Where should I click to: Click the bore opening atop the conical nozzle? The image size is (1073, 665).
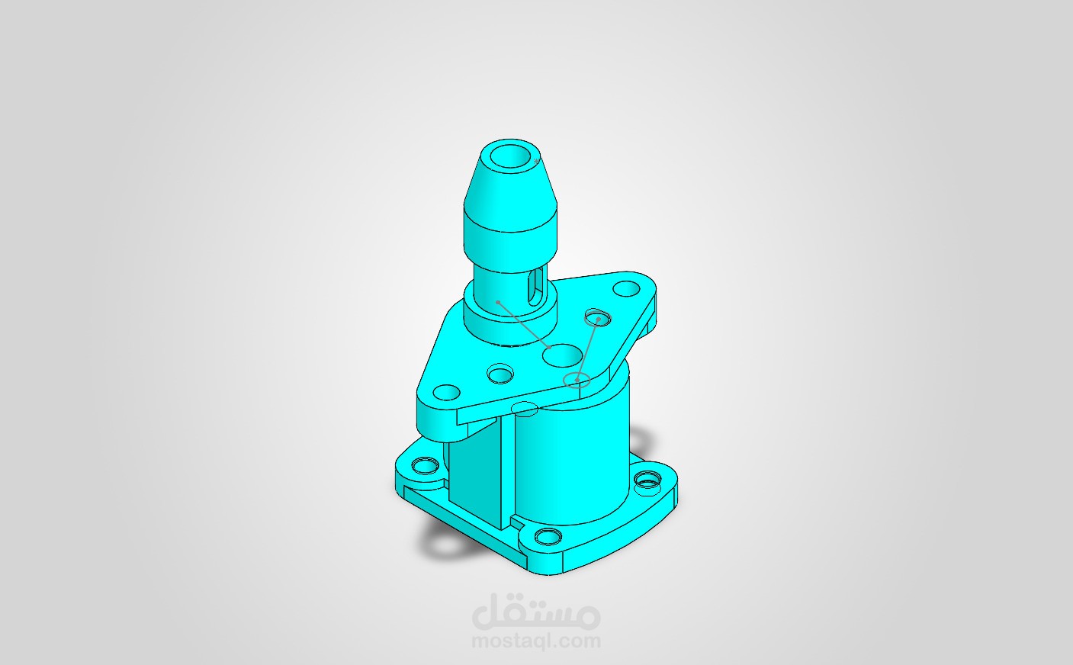pyautogui.click(x=511, y=156)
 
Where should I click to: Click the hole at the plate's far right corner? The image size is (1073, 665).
pyautogui.click(x=627, y=289)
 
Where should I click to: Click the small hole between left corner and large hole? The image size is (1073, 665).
pyautogui.click(x=501, y=374)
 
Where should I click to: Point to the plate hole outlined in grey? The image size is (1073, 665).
pyautogui.click(x=597, y=317)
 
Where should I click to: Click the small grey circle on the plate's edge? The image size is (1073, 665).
pyautogui.click(x=577, y=381)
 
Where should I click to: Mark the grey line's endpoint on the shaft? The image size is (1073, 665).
pyautogui.click(x=498, y=303)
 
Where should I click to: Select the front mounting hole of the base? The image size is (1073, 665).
pyautogui.click(x=546, y=536)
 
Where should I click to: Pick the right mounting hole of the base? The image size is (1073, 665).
pyautogui.click(x=647, y=480)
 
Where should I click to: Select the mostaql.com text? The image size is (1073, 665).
pyautogui.click(x=536, y=641)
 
